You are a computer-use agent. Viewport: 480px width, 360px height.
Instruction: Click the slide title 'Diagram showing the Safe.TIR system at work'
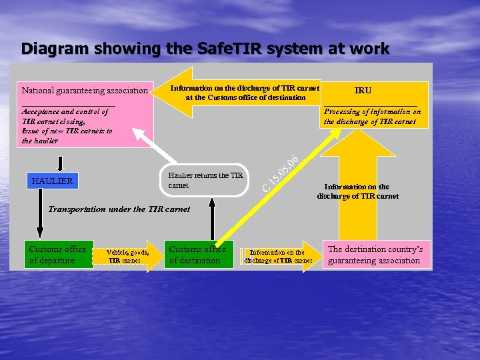205,49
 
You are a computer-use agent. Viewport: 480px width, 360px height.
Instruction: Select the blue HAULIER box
52,181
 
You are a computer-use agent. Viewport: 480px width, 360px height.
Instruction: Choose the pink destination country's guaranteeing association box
377,255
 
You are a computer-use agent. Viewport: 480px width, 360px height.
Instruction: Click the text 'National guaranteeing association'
85,91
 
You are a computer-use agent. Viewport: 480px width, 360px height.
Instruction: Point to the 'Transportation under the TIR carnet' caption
119,209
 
